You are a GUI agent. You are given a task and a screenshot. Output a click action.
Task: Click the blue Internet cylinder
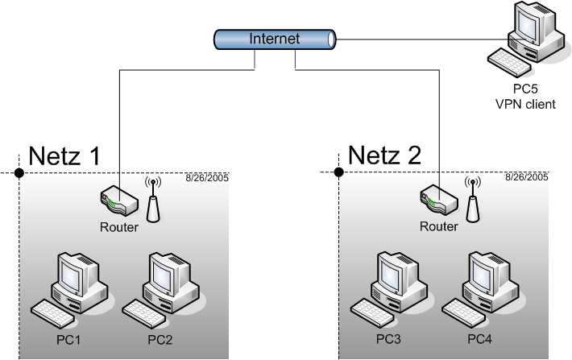point(275,39)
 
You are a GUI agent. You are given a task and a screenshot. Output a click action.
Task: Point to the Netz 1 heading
point(64,156)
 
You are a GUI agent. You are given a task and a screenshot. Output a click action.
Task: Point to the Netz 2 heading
point(385,156)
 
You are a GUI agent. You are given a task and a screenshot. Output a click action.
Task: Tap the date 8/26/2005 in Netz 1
point(207,176)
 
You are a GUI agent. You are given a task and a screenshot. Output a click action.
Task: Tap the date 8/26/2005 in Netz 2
point(527,176)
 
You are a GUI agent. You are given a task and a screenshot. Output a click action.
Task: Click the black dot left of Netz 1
point(19,172)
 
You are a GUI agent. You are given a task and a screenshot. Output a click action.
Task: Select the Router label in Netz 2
point(439,227)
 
